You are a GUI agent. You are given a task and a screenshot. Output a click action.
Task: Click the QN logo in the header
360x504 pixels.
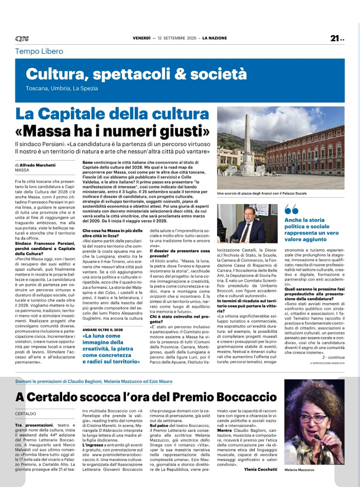pos(22,39)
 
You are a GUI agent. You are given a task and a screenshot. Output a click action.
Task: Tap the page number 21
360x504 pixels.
pos(335,38)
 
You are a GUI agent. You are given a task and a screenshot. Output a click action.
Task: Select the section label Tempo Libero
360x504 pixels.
pos(39,51)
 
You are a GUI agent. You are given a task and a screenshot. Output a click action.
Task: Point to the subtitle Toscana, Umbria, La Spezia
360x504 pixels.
pos(62,88)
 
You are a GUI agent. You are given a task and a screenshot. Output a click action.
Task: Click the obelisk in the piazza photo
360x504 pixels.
pos(247,138)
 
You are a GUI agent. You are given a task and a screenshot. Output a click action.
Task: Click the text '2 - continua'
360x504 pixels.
pos(333,357)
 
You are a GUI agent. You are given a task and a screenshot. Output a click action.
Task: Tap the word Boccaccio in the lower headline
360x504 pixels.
pos(238,397)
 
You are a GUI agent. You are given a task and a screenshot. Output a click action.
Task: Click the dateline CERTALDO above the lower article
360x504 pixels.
pos(26,414)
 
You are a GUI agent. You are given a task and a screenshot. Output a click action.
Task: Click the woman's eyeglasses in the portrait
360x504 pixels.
pos(313,418)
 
